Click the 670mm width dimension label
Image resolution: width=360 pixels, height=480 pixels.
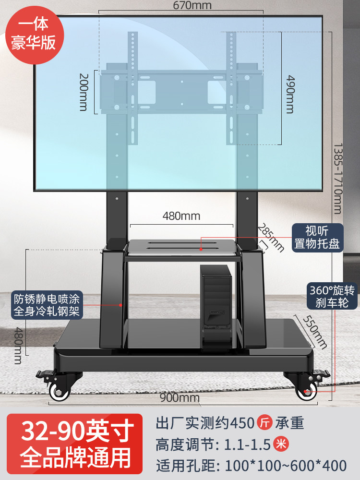180,6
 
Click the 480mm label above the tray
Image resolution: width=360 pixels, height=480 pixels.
181,216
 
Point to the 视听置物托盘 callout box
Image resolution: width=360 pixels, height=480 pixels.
317,237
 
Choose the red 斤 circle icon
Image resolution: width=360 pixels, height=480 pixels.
264,423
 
